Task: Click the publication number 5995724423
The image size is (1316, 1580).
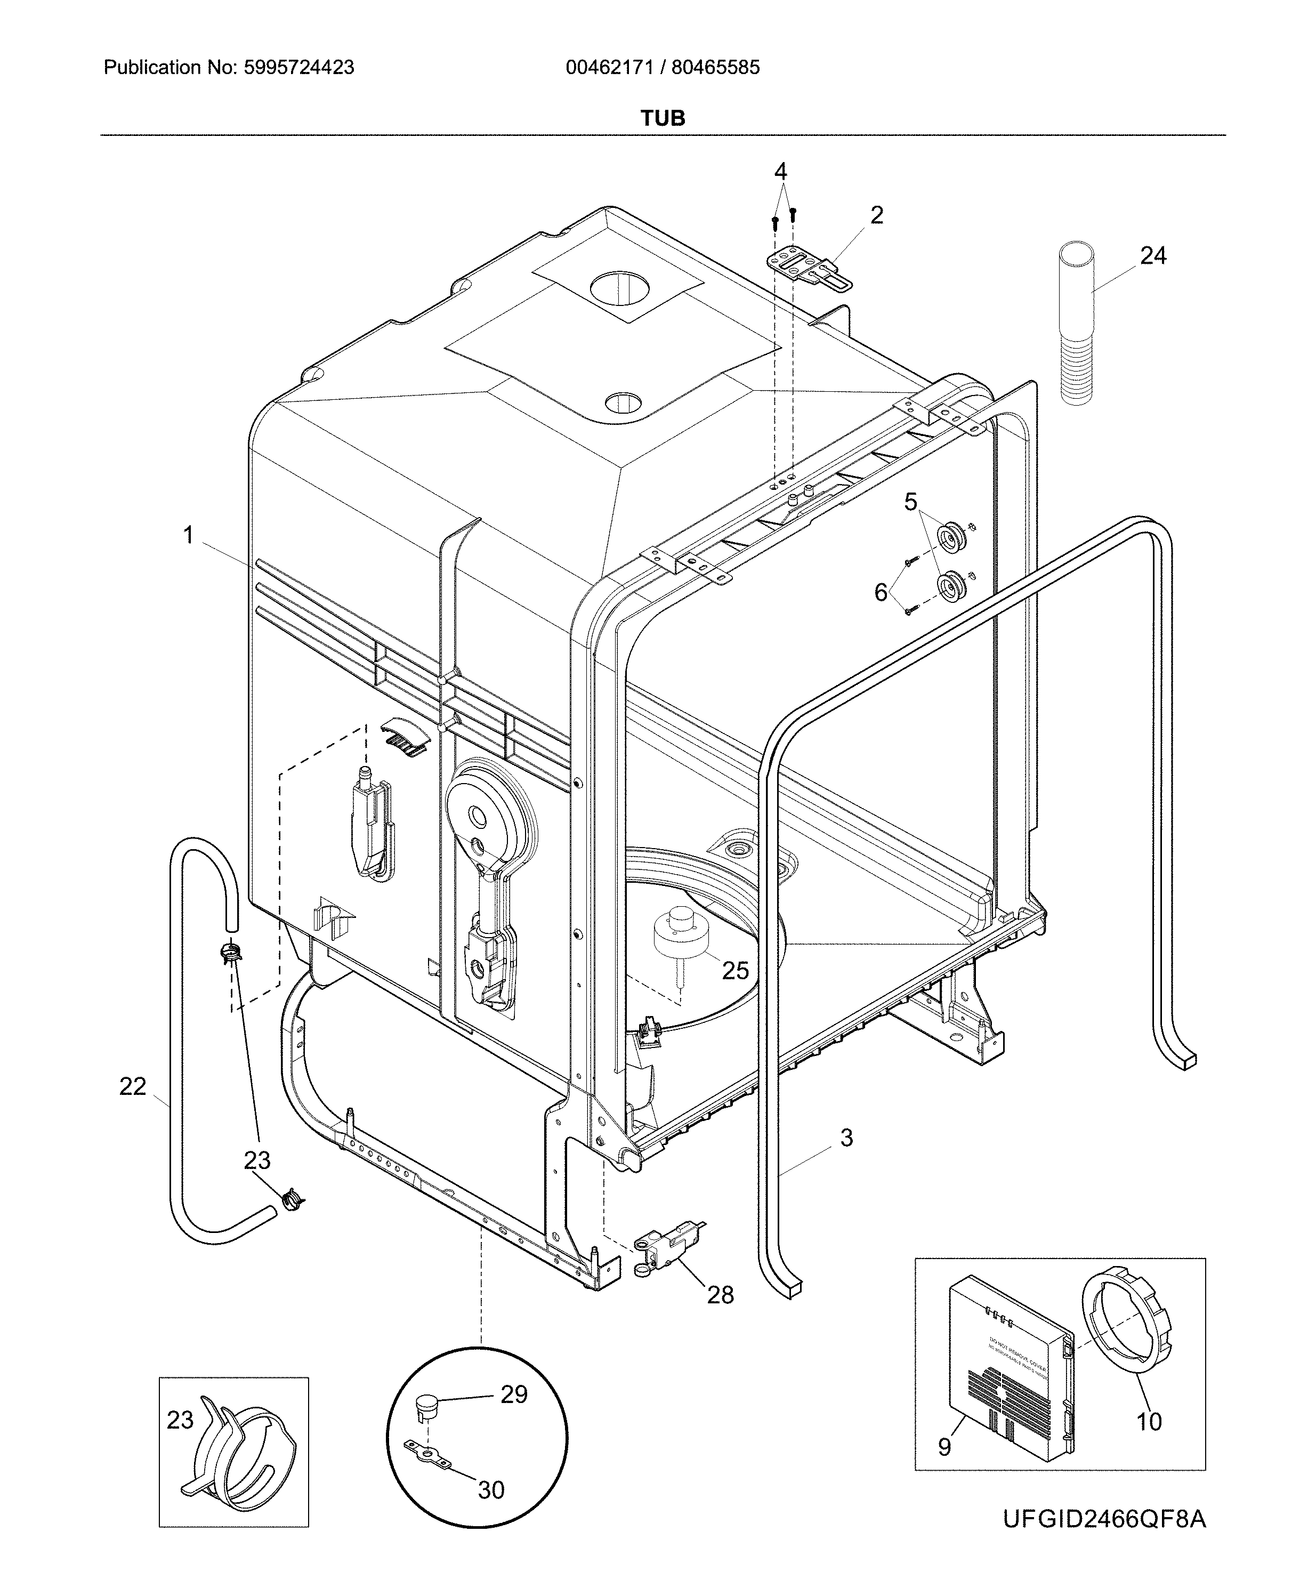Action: [x=298, y=68]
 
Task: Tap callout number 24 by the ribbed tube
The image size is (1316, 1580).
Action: [x=1153, y=256]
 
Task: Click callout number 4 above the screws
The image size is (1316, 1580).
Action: [x=780, y=172]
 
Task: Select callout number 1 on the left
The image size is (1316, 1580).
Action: [x=188, y=536]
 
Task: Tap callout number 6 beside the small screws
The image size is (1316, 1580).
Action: [x=881, y=593]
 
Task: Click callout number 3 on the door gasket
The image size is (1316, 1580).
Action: [x=846, y=1138]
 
